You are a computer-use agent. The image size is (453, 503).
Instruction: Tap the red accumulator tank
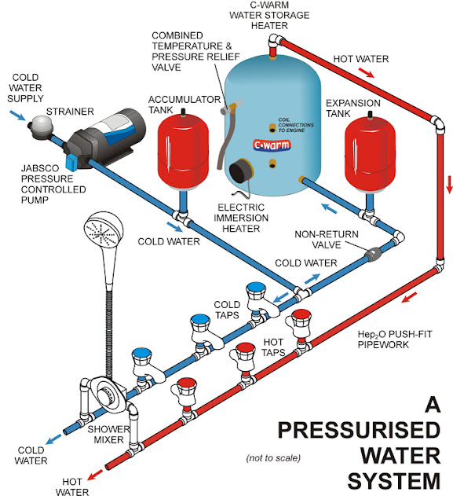(x=183, y=151)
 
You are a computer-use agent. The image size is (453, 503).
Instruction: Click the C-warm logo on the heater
(x=272, y=145)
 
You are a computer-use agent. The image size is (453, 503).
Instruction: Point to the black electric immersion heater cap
(x=241, y=171)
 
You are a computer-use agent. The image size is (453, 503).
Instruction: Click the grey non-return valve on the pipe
(x=373, y=254)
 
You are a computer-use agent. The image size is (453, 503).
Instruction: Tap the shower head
(x=104, y=229)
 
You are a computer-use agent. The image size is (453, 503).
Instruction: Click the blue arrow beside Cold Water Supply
(x=17, y=116)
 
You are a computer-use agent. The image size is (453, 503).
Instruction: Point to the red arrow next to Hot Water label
(x=366, y=72)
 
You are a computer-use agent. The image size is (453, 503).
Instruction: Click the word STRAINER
(x=70, y=112)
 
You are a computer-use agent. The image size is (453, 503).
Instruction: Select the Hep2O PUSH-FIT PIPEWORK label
(x=395, y=340)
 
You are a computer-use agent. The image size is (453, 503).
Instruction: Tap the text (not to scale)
(x=273, y=457)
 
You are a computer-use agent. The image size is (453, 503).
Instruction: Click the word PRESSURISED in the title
(x=359, y=430)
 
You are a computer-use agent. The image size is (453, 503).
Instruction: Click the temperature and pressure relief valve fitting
(x=231, y=107)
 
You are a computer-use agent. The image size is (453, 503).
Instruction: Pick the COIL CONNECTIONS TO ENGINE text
(x=295, y=125)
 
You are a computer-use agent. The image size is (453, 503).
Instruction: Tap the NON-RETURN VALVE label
(x=327, y=239)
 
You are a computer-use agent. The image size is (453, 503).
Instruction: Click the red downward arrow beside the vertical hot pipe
(x=449, y=184)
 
